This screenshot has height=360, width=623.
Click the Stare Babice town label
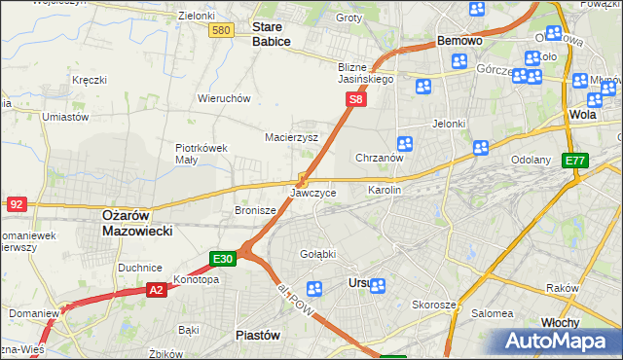pos(272,34)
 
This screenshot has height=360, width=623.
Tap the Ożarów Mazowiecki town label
pos(136,223)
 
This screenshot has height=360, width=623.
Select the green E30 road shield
pos(223,259)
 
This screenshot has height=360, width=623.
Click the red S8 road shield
pos(357,99)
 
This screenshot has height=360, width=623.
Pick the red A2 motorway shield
pos(157,289)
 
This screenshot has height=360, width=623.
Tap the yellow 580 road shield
pos(221,31)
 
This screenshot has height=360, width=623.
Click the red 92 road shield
pos(16,204)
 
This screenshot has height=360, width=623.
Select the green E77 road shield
pos(575,161)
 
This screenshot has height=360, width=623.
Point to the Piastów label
pos(258,334)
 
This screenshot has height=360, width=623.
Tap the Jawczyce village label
pos(313,194)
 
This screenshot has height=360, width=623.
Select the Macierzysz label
pos(292,137)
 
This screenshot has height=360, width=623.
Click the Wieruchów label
pos(225,98)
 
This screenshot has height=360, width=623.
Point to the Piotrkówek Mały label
pos(201,154)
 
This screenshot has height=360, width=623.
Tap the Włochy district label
pos(560,322)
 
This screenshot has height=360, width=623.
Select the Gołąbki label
pos(318,254)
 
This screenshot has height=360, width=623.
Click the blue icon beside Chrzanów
pos(405,144)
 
